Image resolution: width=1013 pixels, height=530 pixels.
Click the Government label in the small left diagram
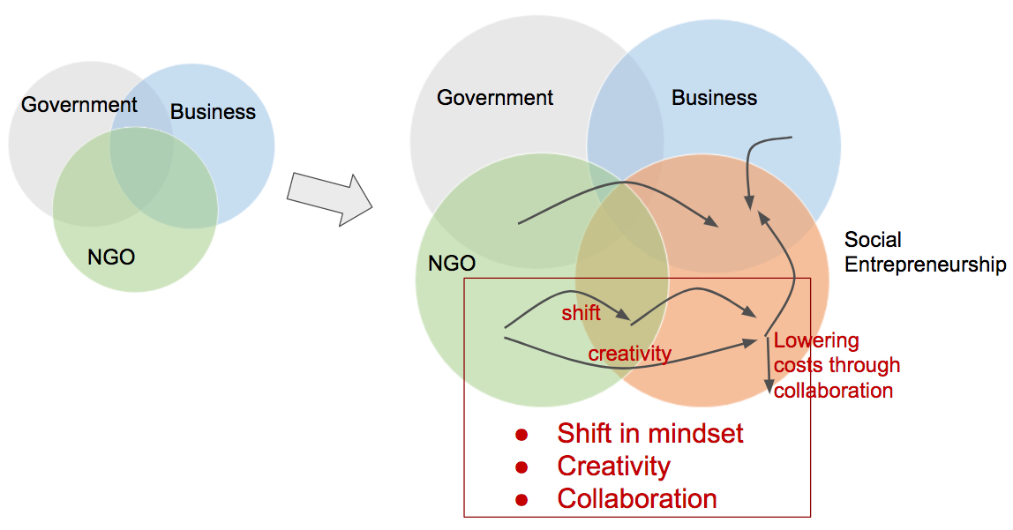[79, 105]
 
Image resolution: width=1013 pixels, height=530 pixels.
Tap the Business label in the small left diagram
[213, 112]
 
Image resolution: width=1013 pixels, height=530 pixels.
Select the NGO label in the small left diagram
[111, 258]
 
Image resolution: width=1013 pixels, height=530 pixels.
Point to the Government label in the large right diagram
[495, 98]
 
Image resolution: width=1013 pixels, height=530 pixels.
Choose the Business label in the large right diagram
[714, 98]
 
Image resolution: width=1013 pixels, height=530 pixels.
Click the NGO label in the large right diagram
[452, 263]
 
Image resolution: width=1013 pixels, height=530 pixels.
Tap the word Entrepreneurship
[926, 265]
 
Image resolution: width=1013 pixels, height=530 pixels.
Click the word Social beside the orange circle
[873, 240]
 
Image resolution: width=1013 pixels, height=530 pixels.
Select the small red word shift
[581, 313]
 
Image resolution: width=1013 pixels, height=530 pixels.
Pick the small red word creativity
[630, 354]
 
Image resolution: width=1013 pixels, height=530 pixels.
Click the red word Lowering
[816, 340]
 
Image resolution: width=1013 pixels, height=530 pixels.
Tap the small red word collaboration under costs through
[833, 390]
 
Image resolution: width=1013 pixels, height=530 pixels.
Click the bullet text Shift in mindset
[650, 434]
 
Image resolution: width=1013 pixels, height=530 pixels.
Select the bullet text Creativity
[613, 467]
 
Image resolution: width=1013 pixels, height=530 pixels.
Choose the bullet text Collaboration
[636, 499]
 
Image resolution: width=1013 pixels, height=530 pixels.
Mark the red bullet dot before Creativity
[521, 467]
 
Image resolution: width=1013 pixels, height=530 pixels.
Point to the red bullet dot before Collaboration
[521, 500]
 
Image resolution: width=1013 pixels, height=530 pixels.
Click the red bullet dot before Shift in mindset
[521, 435]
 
